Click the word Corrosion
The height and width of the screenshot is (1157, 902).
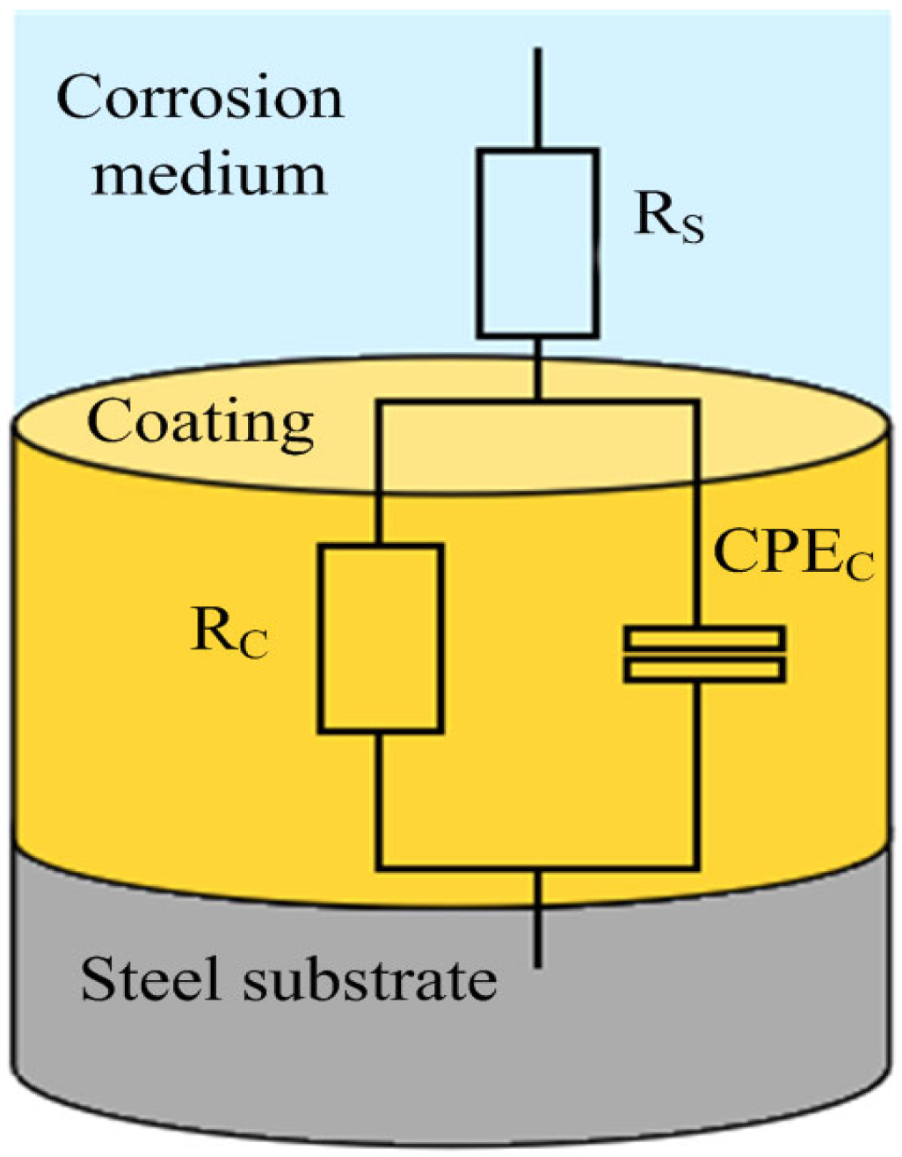200,98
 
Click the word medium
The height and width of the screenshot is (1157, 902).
209,173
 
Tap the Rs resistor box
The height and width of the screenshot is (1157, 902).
538,243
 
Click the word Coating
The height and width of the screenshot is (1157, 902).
200,423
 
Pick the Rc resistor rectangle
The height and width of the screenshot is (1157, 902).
380,638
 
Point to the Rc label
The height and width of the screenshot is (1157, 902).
229,633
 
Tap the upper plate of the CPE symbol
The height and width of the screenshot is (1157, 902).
703,637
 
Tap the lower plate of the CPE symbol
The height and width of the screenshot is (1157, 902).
703,670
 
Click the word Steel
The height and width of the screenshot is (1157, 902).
150,978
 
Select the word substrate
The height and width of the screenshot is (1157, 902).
370,978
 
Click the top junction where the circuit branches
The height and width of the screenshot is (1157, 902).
538,402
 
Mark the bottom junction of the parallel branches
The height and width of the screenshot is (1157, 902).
538,870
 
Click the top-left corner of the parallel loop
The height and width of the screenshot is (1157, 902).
379,402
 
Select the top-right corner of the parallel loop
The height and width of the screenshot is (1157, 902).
697,402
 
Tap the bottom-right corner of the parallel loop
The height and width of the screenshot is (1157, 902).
697,869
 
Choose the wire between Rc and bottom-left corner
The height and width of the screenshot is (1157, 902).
379,801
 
